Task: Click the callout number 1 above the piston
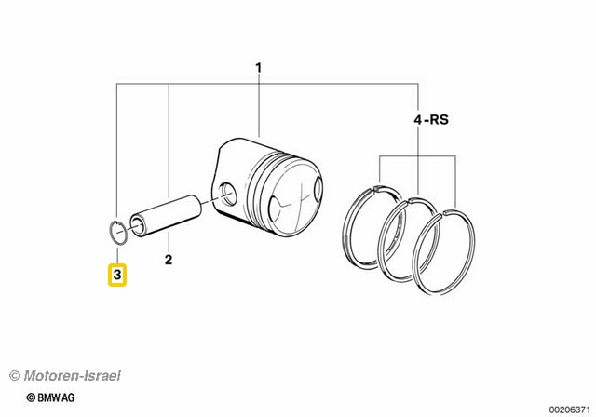tap(259, 67)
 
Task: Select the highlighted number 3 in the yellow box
tap(117, 276)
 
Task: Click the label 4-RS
tap(429, 119)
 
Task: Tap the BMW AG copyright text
tap(51, 397)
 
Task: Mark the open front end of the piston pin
tap(141, 223)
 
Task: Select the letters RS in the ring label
tap(438, 119)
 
